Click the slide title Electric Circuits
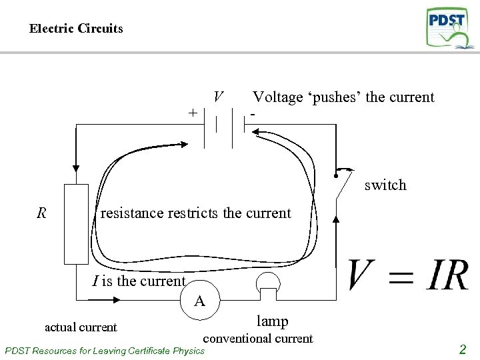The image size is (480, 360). [x=76, y=29]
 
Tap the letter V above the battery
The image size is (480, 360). [x=218, y=97]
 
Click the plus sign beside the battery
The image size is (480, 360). [x=193, y=113]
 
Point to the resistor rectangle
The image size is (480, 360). [x=76, y=224]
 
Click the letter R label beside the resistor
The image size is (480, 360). [x=42, y=213]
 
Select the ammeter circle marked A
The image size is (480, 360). [x=199, y=301]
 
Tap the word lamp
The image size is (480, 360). [x=273, y=321]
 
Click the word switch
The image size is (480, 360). [x=385, y=185]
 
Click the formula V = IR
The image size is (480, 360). [x=408, y=275]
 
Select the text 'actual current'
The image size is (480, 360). [x=80, y=327]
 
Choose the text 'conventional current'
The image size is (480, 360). [x=257, y=339]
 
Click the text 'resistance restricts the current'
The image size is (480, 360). [x=195, y=213]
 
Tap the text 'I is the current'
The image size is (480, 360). [x=139, y=281]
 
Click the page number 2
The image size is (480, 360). [x=462, y=349]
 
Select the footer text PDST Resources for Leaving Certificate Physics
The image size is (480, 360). [x=105, y=351]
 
